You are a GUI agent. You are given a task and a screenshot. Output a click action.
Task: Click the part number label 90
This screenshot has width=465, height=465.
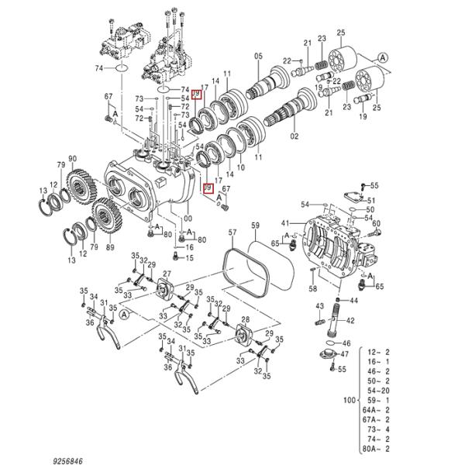[72, 160]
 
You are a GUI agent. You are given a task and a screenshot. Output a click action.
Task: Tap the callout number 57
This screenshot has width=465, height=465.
[231, 232]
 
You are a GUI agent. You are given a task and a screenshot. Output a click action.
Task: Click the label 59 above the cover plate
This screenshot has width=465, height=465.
[254, 226]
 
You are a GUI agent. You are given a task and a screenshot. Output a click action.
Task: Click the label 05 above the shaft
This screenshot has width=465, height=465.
[260, 55]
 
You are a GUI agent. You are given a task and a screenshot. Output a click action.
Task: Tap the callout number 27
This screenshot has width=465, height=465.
[165, 274]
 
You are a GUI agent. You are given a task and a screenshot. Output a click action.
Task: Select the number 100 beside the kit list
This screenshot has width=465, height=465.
[348, 401]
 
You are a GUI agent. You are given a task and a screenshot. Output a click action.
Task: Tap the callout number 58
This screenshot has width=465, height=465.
[313, 288]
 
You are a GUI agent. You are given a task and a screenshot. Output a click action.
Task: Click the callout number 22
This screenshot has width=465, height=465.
[286, 60]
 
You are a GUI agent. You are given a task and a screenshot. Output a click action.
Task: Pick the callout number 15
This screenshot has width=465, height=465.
[188, 258]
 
